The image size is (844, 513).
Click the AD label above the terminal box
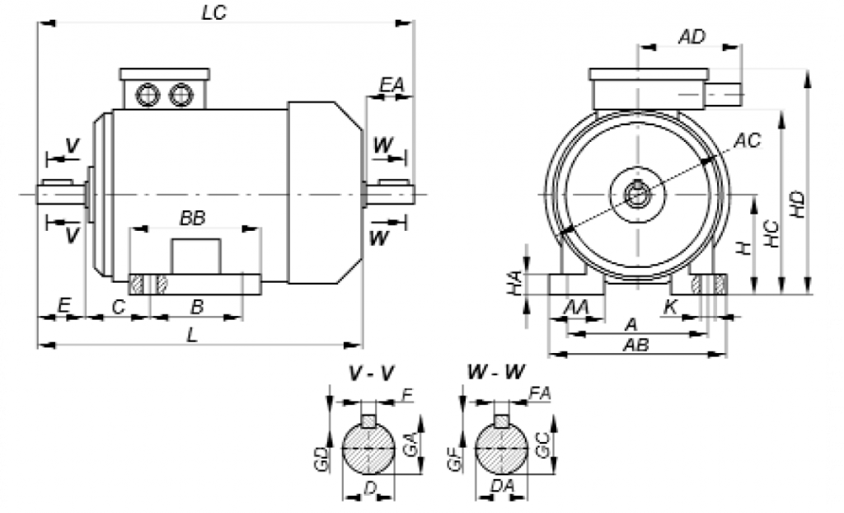[692, 36]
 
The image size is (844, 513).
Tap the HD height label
[796, 203]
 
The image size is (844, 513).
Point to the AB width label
[636, 345]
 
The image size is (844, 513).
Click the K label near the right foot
[671, 308]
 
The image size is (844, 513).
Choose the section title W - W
[496, 373]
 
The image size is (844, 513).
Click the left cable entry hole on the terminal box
[148, 94]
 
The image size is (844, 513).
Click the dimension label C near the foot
[119, 308]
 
